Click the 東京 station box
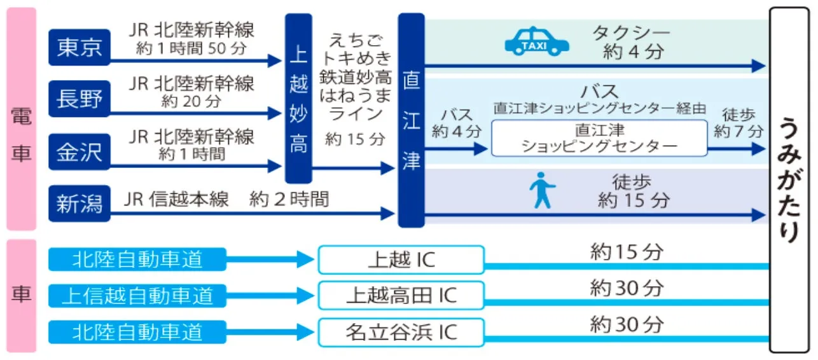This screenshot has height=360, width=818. (80, 47)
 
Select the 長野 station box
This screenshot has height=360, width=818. (80, 100)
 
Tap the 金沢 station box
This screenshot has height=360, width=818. (80, 153)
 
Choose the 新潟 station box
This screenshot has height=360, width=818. (80, 204)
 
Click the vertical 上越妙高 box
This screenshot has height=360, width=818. (298, 99)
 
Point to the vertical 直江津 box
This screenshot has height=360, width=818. (411, 121)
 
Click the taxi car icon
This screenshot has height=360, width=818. (537, 41)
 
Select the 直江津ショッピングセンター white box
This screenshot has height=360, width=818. (599, 138)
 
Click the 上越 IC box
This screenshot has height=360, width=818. (401, 260)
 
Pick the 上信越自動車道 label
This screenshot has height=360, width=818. (137, 295)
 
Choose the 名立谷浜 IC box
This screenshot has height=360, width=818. (401, 332)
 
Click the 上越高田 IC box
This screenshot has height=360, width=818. (401, 295)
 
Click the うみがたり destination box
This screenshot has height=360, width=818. (789, 180)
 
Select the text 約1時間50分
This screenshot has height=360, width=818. (191, 49)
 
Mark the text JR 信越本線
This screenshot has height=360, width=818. (176, 200)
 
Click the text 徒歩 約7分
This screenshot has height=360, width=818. (738, 123)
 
